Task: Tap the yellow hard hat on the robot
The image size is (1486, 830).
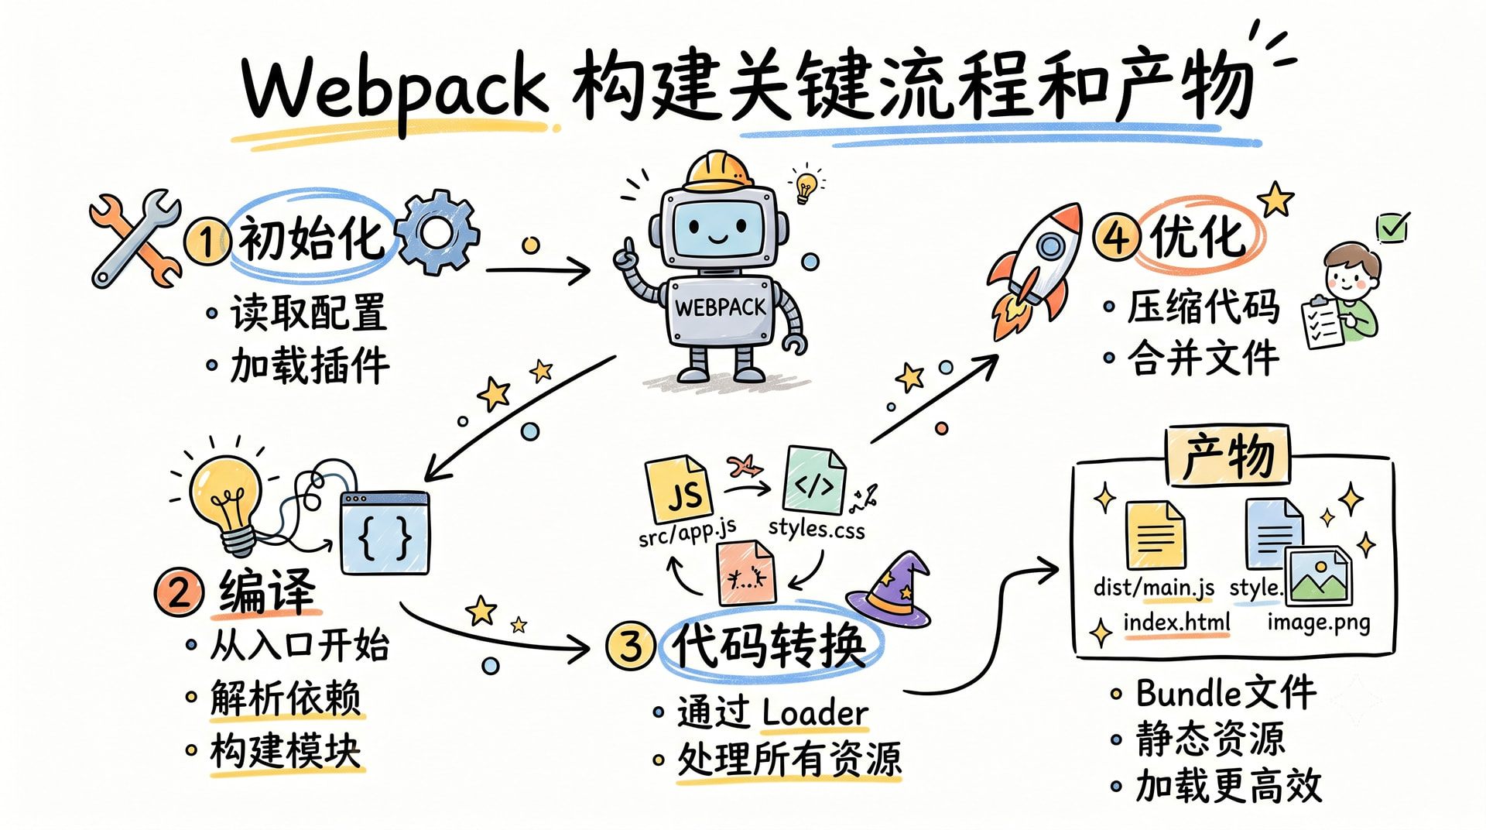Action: [x=719, y=171]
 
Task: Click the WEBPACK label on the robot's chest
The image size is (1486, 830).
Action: [x=720, y=307]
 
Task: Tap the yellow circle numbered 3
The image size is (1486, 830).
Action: [x=631, y=645]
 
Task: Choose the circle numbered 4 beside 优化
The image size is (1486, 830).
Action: [x=1117, y=236]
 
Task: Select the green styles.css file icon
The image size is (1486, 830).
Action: [x=814, y=481]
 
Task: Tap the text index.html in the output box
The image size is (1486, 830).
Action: [x=1176, y=622]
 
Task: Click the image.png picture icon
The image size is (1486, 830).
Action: [x=1318, y=575]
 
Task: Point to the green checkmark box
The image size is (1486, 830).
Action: [x=1392, y=228]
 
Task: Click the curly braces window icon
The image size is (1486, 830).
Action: [x=385, y=533]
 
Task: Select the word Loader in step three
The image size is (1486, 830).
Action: [x=815, y=713]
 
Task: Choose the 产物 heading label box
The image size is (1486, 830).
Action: [x=1228, y=455]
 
